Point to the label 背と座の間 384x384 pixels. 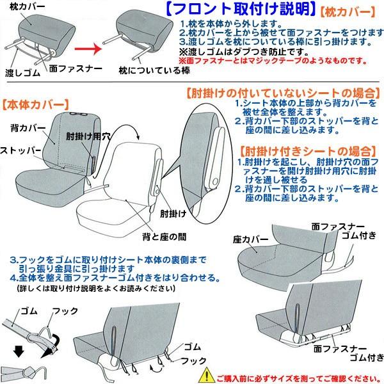[x=164, y=236]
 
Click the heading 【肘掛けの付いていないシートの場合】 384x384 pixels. [x=282, y=92]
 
